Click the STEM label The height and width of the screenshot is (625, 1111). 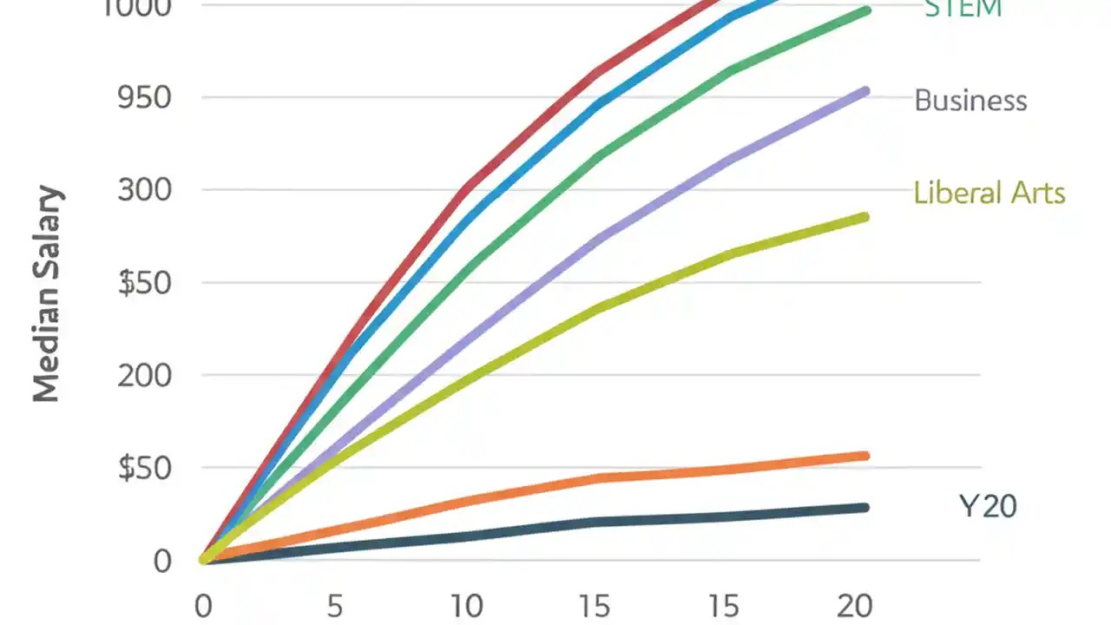(963, 9)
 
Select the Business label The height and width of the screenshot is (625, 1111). (970, 101)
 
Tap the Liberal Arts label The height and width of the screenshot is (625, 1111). (989, 192)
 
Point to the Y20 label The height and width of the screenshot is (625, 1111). (988, 505)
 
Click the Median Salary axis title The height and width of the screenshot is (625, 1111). (48, 294)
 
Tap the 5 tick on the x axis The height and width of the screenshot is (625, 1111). (335, 606)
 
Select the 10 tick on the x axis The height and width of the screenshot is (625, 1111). (467, 606)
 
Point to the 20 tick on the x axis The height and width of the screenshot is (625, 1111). (854, 606)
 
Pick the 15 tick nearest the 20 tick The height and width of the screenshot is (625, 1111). (725, 606)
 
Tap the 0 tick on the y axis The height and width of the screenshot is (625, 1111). (162, 561)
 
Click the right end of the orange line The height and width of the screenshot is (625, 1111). (865, 456)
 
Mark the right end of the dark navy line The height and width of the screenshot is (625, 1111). (865, 507)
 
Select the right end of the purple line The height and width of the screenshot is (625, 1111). (865, 91)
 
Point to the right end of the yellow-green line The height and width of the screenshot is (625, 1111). (865, 216)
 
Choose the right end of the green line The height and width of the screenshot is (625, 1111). (865, 10)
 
